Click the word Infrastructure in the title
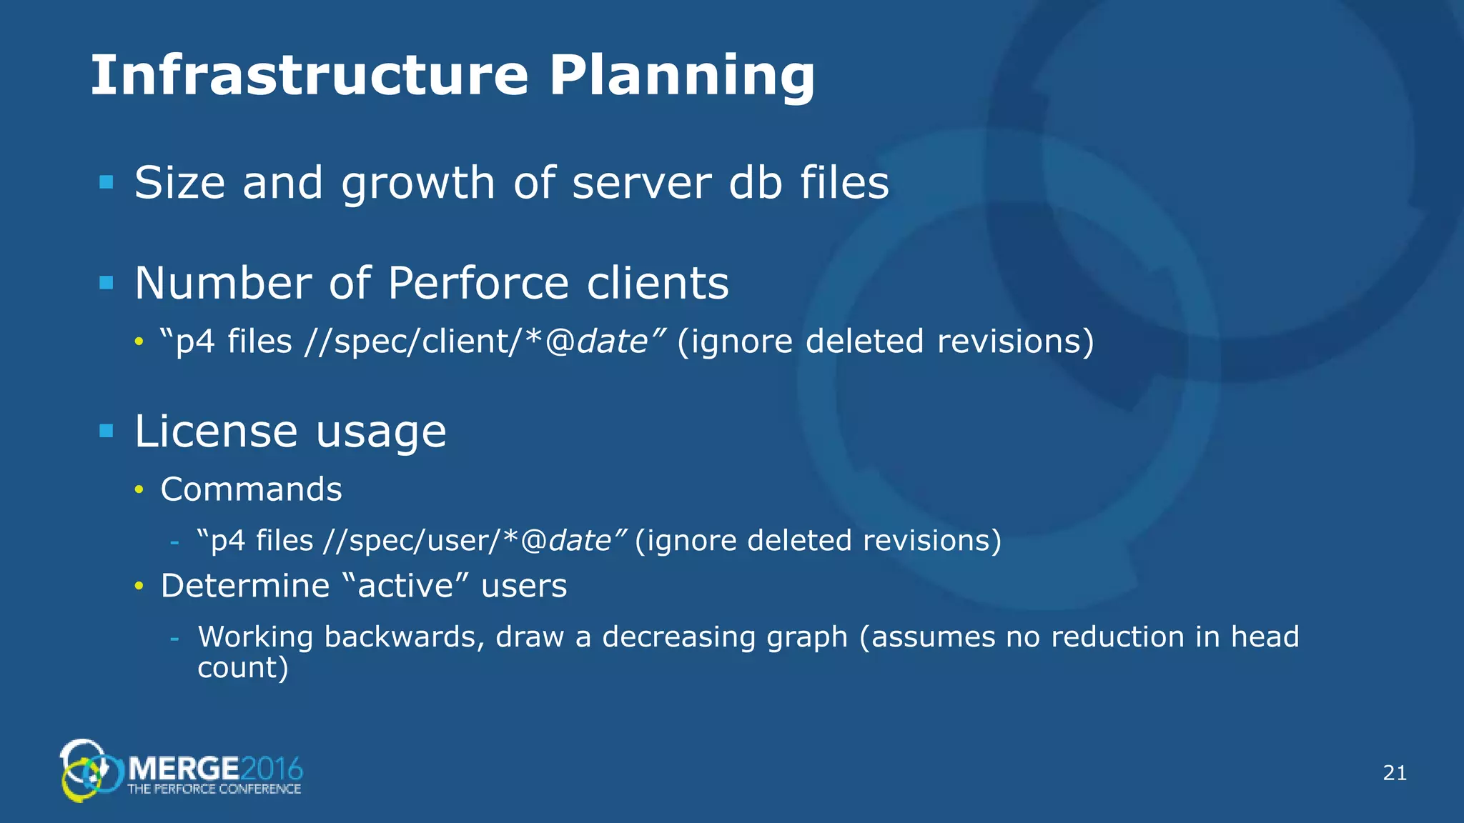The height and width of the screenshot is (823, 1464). tap(309, 75)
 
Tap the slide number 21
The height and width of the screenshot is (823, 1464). tap(1395, 773)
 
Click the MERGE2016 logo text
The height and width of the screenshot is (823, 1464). tap(214, 769)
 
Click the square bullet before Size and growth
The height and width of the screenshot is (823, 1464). tap(107, 182)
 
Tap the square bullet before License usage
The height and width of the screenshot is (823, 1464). tap(107, 431)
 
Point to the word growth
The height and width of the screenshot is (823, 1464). tap(418, 184)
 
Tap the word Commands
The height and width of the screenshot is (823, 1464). tap(251, 490)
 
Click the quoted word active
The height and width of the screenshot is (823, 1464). tap(405, 586)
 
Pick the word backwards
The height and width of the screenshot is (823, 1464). tap(405, 637)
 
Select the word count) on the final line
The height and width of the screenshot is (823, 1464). tap(242, 668)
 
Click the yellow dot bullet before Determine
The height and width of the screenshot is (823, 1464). tap(139, 587)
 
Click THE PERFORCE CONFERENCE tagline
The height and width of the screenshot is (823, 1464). tap(214, 789)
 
